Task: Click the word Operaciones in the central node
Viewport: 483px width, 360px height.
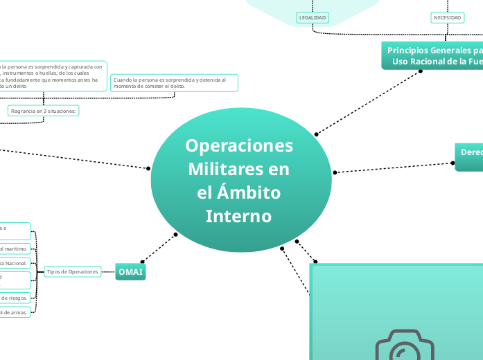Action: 239,146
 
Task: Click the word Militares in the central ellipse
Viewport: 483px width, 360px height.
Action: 239,170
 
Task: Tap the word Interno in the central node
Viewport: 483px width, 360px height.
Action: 239,216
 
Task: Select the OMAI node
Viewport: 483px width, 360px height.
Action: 130,272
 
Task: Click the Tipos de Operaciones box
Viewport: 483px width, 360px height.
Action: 72,272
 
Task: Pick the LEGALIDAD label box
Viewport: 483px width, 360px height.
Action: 312,17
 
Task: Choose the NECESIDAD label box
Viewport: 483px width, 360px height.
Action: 447,17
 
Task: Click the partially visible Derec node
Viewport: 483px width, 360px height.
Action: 469,156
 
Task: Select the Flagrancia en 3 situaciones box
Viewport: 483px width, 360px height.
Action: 44,110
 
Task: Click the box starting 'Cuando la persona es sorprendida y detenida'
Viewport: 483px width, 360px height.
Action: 173,82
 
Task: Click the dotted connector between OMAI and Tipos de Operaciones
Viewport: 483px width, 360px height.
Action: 107,272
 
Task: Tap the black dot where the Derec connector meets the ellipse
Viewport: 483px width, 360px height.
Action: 335,172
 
